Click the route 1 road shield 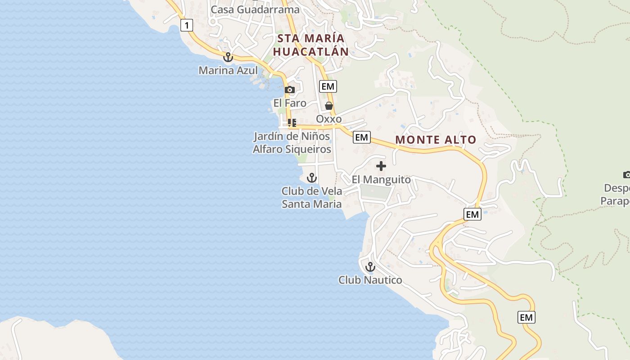click(x=186, y=25)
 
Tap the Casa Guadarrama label click(x=255, y=9)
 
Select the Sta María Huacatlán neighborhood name click(x=311, y=45)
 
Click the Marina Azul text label click(x=228, y=71)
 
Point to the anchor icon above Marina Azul click(x=228, y=57)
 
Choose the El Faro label click(x=290, y=103)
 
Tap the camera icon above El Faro click(x=290, y=90)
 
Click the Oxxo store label click(x=329, y=119)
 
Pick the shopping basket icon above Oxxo click(x=329, y=106)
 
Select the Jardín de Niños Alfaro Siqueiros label click(x=292, y=143)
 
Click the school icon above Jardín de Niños click(x=292, y=122)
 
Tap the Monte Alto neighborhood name click(x=436, y=140)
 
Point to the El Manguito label click(x=381, y=180)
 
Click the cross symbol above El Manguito click(x=381, y=166)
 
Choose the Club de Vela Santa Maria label click(x=312, y=198)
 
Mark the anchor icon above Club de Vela click(x=311, y=178)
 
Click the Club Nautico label click(x=370, y=280)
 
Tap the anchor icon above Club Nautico click(x=370, y=267)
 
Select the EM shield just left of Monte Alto click(x=362, y=137)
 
